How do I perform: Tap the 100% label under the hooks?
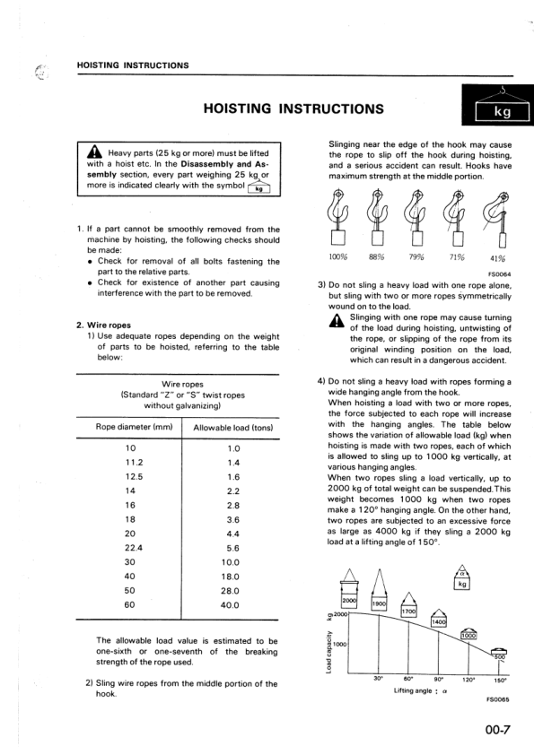337,256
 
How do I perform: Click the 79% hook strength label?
416,256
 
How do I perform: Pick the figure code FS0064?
499,275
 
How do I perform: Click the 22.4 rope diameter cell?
131,548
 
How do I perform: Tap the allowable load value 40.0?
233,605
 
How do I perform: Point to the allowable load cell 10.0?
233,562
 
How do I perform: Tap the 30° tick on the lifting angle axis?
378,680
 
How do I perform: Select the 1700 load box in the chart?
409,611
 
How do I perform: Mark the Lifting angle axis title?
421,691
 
